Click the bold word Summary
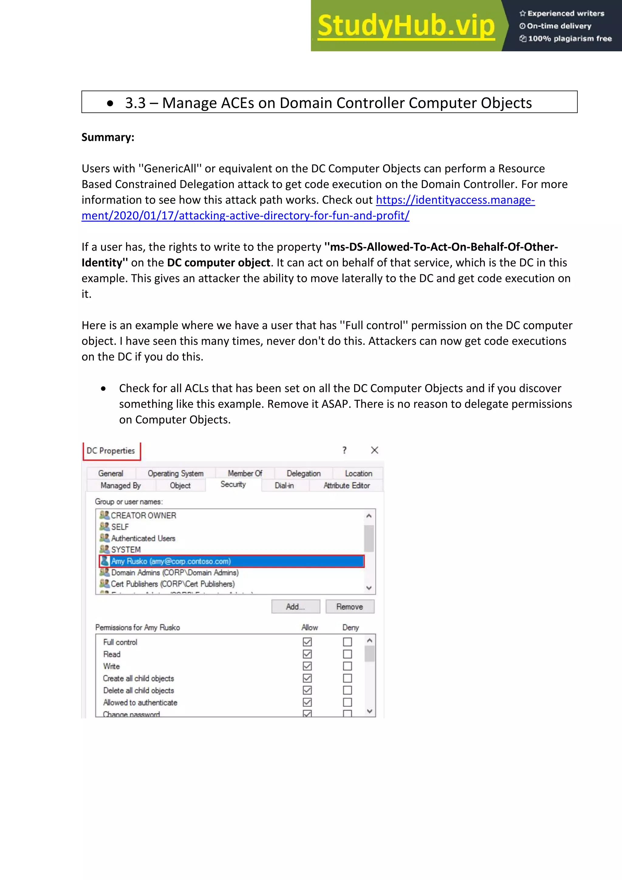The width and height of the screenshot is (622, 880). click(x=108, y=137)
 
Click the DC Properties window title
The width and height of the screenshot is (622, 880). click(x=111, y=451)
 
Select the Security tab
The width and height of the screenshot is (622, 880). click(x=233, y=485)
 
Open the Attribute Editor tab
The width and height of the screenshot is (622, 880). click(x=347, y=486)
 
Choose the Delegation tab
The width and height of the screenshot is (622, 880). click(x=303, y=473)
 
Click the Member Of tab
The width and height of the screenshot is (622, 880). click(x=245, y=473)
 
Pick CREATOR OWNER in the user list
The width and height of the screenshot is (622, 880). click(x=143, y=515)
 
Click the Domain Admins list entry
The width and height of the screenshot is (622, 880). click(x=175, y=573)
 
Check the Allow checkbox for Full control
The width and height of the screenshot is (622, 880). click(x=307, y=642)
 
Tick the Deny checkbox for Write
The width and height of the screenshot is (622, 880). click(x=347, y=666)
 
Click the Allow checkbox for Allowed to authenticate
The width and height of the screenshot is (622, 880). click(x=307, y=702)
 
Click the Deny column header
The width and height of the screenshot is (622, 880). click(x=350, y=628)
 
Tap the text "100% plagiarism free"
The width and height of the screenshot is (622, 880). click(x=569, y=39)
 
